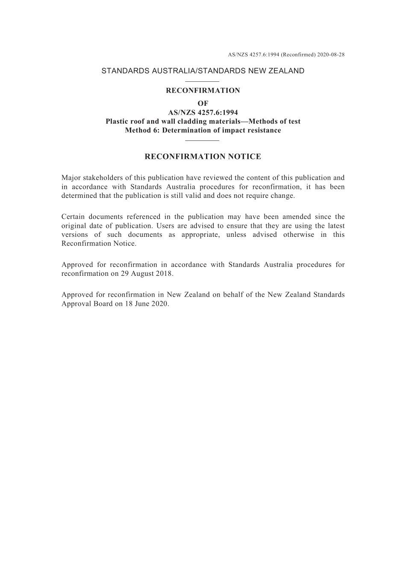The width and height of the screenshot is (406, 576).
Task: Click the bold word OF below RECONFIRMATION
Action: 203,103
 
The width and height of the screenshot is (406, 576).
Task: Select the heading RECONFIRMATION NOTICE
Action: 203,157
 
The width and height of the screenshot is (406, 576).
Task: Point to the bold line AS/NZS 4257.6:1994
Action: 203,113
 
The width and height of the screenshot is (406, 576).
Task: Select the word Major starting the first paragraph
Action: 71,178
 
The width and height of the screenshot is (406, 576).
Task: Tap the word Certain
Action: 74,217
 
